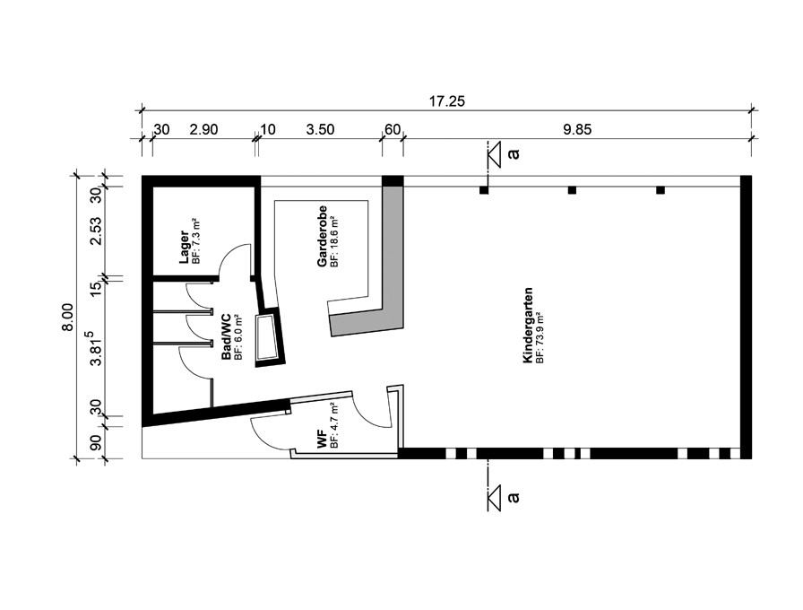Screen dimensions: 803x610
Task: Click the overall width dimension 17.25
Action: [x=446, y=101]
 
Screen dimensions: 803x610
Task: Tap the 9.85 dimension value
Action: [x=577, y=130]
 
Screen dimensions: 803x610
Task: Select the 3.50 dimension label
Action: [x=320, y=130]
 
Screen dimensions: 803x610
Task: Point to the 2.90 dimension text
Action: [x=203, y=130]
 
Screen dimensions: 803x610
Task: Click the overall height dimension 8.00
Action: [x=67, y=317]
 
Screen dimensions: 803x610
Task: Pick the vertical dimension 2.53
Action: [x=96, y=231]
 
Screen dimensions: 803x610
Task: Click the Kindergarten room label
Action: [x=528, y=325]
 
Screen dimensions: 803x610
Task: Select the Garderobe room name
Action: [x=322, y=236]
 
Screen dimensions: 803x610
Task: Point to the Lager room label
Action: [x=184, y=247]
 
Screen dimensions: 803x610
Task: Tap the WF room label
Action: [x=322, y=440]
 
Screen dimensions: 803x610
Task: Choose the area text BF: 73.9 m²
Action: [x=540, y=338]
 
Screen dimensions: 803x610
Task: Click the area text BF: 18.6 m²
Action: [x=334, y=241]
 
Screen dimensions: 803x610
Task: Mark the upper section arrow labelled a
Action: [x=494, y=155]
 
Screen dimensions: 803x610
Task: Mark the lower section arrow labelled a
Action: [x=494, y=498]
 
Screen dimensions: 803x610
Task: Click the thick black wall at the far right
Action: [x=747, y=317]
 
